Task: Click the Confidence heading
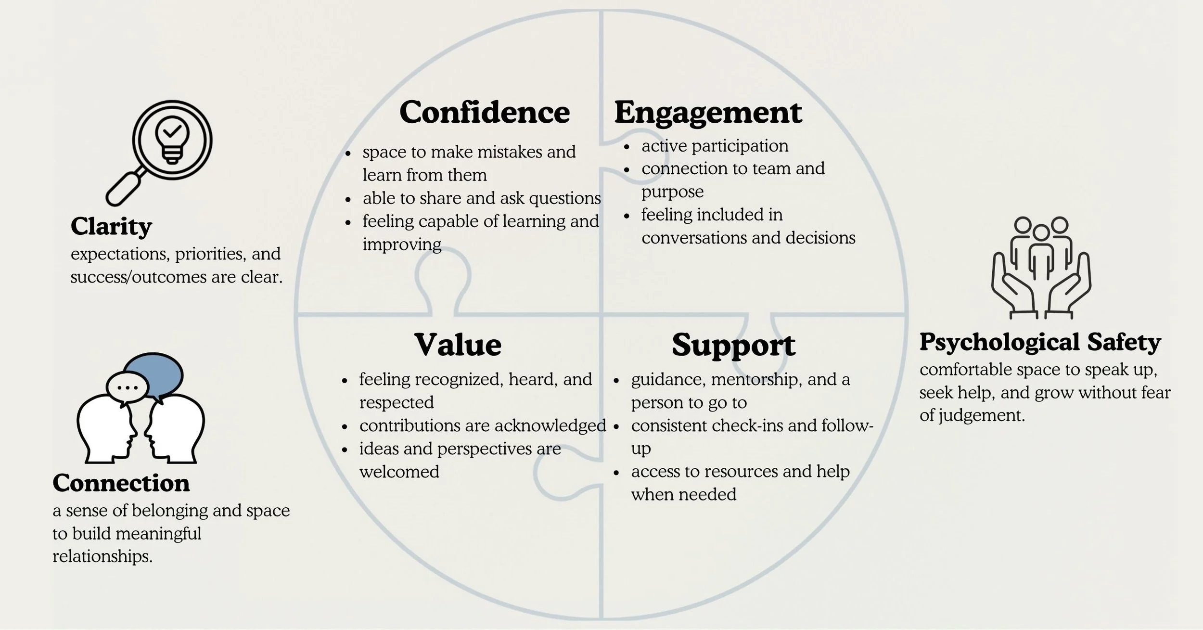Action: [484, 113]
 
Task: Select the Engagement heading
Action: [708, 114]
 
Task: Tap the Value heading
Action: [458, 345]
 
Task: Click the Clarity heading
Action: [111, 226]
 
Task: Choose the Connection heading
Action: [121, 483]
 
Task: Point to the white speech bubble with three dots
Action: [127, 387]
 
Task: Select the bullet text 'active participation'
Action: [715, 146]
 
